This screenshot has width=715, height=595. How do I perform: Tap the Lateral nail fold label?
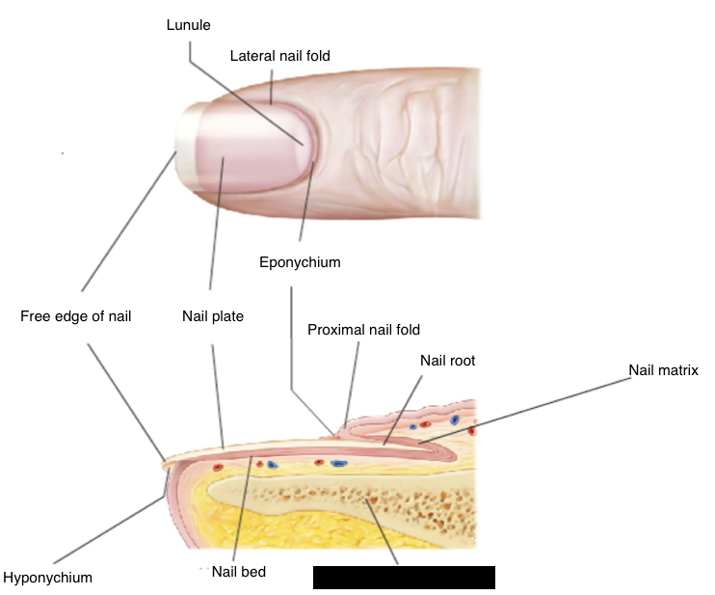279,57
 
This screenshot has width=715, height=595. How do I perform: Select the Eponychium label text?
300,261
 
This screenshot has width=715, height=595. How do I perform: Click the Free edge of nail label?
75,315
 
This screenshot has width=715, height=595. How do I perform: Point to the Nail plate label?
213,315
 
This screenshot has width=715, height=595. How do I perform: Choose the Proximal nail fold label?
363,330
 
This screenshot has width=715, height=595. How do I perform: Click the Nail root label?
447,361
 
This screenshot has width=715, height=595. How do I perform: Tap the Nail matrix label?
663,369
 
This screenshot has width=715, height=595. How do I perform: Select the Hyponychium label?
48,578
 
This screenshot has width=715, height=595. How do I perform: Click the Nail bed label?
240,572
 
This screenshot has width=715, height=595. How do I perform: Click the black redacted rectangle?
404,577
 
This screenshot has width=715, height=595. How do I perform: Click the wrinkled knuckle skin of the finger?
414,135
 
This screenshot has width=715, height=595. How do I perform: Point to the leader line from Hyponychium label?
106,531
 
